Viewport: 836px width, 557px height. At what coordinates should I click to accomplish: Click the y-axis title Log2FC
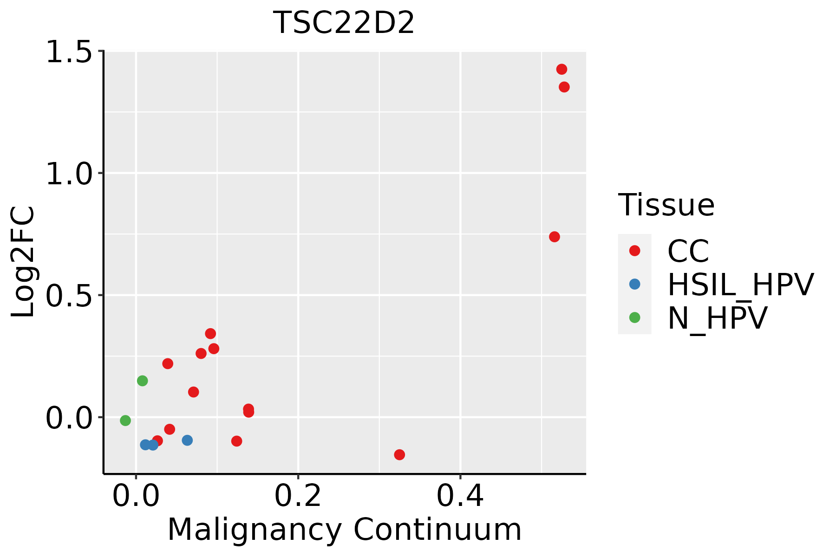point(23,262)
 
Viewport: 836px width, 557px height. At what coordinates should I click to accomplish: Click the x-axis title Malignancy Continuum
point(344,530)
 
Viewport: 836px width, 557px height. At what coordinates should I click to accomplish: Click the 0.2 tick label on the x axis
point(298,496)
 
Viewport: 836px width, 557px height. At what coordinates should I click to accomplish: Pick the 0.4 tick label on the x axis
point(460,496)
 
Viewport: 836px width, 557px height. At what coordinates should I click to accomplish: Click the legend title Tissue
point(666,205)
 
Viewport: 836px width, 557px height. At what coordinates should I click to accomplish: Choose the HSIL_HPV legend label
point(740,285)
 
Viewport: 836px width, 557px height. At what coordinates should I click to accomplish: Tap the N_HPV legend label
point(717,318)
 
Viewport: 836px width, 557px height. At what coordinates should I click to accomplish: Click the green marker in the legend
point(634,317)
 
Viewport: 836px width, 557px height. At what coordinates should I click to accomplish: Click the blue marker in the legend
point(634,284)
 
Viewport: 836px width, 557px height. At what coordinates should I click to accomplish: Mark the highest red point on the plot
point(562,69)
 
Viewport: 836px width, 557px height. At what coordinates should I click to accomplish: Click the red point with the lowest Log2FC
point(399,454)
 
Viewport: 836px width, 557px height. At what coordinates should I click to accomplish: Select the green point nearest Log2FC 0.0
point(125,421)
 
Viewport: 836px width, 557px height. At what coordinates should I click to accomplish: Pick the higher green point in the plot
point(143,381)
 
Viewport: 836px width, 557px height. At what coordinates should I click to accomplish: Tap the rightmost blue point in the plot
point(187,440)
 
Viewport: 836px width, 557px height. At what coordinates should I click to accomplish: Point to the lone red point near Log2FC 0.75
point(554,237)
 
